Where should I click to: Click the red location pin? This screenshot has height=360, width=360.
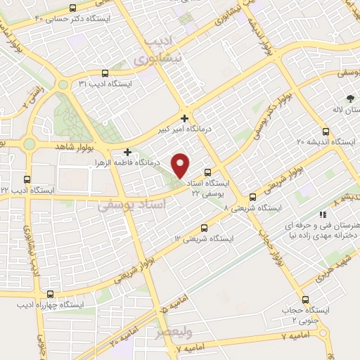click(x=181, y=165)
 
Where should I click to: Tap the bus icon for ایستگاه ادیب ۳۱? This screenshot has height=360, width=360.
click(x=105, y=72)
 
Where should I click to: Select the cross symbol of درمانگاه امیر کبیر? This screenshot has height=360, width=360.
click(x=184, y=118)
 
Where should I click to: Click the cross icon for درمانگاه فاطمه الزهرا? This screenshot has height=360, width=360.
click(x=127, y=151)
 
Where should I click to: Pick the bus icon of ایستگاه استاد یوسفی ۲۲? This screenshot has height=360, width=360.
click(x=207, y=172)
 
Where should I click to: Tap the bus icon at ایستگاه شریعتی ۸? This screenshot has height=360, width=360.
click(x=253, y=198)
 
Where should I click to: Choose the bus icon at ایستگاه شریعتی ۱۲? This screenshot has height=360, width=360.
click(x=205, y=227)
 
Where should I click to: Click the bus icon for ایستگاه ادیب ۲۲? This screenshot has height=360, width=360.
click(x=27, y=179)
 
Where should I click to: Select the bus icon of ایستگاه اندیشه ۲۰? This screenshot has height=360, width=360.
click(x=325, y=131)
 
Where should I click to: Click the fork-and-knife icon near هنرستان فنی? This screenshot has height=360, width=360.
click(x=323, y=214)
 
